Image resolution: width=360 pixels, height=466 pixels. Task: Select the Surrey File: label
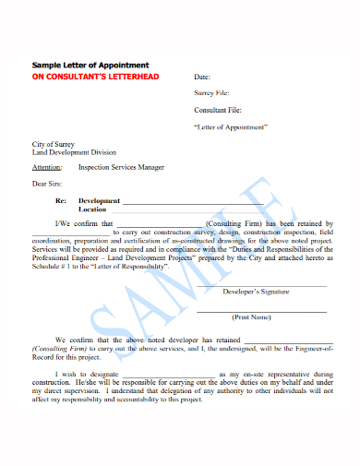coord(211,93)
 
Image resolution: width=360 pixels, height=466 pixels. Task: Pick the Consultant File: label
coord(217,110)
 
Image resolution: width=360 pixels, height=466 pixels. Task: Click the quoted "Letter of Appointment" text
coord(231,125)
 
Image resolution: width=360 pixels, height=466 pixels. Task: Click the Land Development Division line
coord(76,153)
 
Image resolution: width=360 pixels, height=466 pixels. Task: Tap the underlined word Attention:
coord(47,167)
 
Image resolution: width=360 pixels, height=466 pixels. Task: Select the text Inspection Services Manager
coord(122,167)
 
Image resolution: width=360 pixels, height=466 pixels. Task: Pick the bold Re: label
coord(60,200)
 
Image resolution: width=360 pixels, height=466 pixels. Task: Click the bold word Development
coord(100,200)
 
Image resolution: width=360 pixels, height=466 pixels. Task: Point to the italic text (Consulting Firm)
coord(58,349)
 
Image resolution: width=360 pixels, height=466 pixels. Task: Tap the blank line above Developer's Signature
coord(261,283)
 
